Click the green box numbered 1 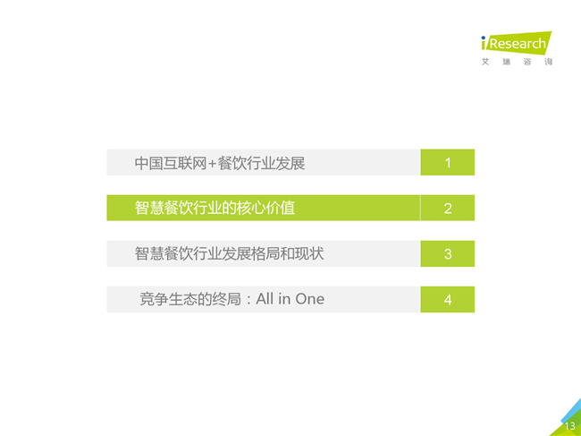pyautogui.click(x=447, y=162)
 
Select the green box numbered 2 pyautogui.click(x=447, y=208)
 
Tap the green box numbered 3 pyautogui.click(x=447, y=253)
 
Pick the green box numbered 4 pyautogui.click(x=447, y=299)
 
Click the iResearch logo pyautogui.click(x=517, y=43)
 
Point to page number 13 pyautogui.click(x=570, y=426)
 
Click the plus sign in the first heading pyautogui.click(x=212, y=164)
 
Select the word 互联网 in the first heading pyautogui.click(x=184, y=163)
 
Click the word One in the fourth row pyautogui.click(x=310, y=299)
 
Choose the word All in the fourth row pyautogui.click(x=265, y=299)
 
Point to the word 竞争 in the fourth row pyautogui.click(x=154, y=299)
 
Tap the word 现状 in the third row pyautogui.click(x=309, y=253)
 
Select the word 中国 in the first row pyautogui.click(x=148, y=163)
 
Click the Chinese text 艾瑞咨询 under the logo pyautogui.click(x=517, y=62)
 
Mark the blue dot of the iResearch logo pyautogui.click(x=484, y=38)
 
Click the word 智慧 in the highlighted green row pyautogui.click(x=149, y=208)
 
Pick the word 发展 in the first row pyautogui.click(x=290, y=163)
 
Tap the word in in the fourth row pyautogui.click(x=284, y=299)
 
